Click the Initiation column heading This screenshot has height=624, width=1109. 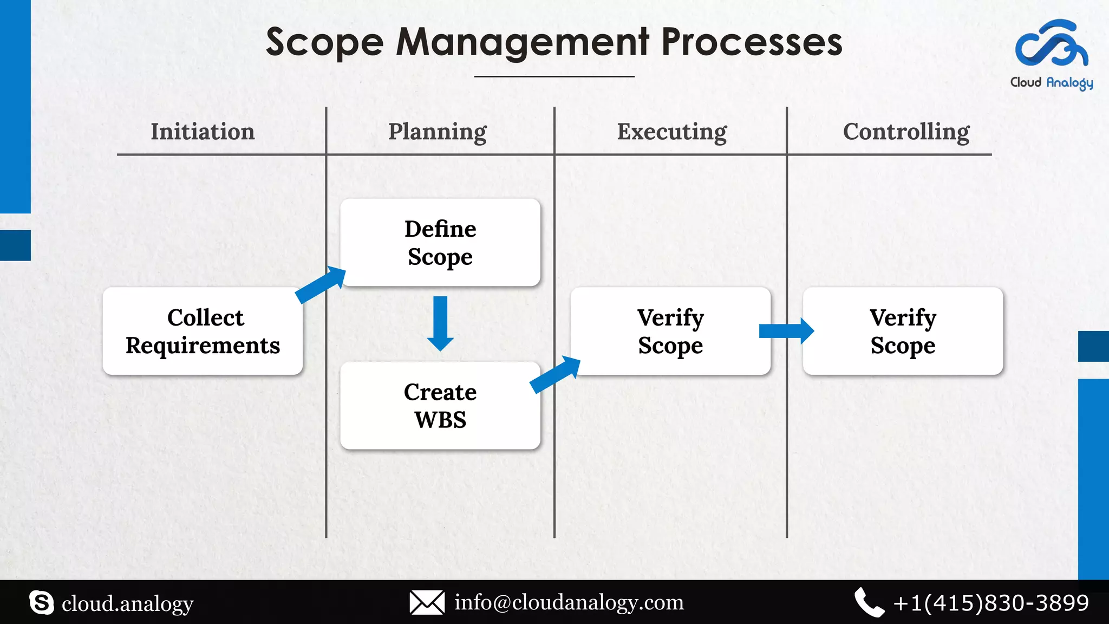(x=203, y=132)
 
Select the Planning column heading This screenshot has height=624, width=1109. (x=438, y=132)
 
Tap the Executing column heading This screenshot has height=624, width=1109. (x=672, y=132)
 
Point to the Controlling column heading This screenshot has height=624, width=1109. (x=906, y=132)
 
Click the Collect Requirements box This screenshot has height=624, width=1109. (x=203, y=331)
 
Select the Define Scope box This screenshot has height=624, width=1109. (x=440, y=243)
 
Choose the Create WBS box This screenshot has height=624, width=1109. (x=440, y=406)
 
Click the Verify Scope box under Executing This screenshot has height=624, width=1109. (x=670, y=331)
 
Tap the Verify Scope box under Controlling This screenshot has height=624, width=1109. (x=903, y=331)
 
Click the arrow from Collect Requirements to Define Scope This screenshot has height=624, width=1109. (x=321, y=284)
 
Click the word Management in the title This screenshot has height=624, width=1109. (x=523, y=42)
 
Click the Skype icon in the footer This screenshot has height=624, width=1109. (x=42, y=602)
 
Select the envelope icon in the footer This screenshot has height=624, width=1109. (x=427, y=602)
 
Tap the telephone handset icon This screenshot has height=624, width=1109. (x=869, y=602)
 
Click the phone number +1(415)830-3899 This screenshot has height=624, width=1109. (x=990, y=602)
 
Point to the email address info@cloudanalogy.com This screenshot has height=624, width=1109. (x=569, y=602)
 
